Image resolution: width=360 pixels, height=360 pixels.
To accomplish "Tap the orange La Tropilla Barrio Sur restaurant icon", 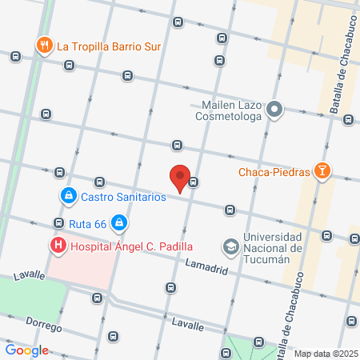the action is [44, 46].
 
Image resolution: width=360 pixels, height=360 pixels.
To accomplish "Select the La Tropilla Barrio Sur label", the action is [109, 46].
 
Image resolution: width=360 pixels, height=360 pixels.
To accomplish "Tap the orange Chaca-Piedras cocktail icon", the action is [322, 170].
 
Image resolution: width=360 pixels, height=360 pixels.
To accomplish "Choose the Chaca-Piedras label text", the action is [274, 170].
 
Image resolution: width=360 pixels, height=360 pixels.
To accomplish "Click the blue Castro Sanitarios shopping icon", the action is [69, 195].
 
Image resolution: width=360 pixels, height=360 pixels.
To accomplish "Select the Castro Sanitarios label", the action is [122, 196].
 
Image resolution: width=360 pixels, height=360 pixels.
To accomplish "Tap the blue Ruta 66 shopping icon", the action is [119, 222].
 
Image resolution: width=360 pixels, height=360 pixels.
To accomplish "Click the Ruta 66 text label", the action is [88, 222].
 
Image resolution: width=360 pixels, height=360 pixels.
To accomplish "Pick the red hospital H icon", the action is [58, 246].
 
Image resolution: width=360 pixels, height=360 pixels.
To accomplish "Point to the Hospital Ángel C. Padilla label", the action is [131, 247].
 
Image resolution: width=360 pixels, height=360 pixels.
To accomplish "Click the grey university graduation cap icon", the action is [230, 246].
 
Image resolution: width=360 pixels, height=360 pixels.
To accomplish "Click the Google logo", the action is [26, 350].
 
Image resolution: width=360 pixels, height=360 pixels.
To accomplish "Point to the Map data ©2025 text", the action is [326, 354].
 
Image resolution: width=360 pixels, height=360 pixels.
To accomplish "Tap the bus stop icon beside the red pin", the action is [194, 182].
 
